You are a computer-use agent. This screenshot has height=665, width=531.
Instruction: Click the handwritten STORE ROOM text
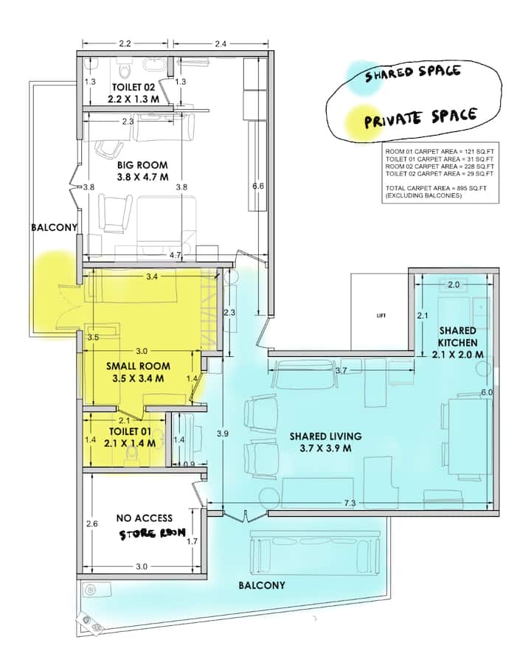pos(152,533)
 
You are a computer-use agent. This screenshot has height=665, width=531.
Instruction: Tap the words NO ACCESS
pos(145,518)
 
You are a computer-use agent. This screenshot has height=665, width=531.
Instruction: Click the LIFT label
pos(381,316)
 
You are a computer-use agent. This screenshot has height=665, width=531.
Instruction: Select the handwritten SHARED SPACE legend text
pos(413,73)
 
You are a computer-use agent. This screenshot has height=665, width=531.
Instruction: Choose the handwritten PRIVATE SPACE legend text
pos(420,117)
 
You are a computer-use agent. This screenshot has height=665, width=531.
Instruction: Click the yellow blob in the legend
pos(361,122)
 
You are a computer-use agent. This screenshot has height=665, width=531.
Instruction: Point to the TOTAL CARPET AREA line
pos(436,188)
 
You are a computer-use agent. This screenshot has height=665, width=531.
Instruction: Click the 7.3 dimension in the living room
pos(350,503)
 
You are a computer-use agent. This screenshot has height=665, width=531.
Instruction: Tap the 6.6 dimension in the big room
pos(258,187)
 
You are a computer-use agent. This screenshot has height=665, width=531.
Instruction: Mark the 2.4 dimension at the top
pos(221,43)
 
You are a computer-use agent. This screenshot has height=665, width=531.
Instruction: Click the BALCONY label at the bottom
pos(262,585)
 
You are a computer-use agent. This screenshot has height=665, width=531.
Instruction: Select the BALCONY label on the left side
pos(55,227)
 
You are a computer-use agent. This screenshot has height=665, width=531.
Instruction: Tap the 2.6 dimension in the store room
pos(92,523)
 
